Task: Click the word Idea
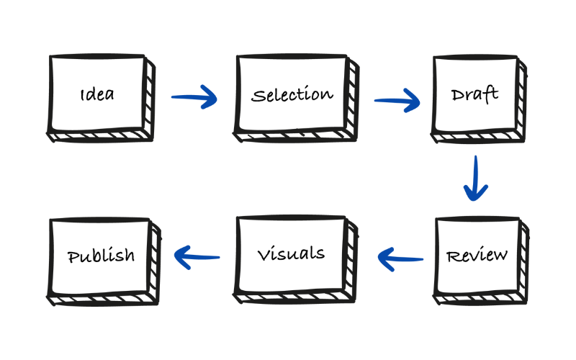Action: (97, 94)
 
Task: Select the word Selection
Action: (292, 95)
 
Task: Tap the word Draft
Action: (474, 95)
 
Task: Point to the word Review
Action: (477, 256)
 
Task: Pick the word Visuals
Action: (291, 253)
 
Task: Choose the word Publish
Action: (101, 255)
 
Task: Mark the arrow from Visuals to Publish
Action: (197, 255)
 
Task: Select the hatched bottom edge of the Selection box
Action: (295, 135)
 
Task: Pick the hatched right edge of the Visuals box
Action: (352, 257)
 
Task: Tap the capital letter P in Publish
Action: (72, 256)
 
